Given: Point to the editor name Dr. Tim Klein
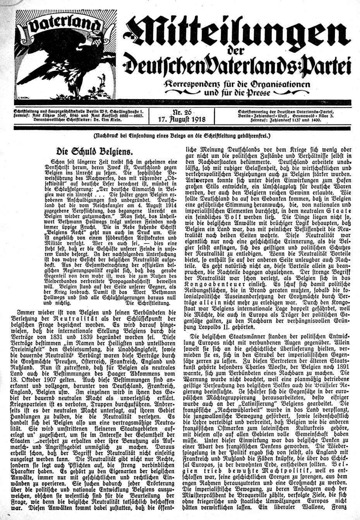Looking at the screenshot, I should pos(111,120).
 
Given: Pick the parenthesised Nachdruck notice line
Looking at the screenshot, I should pos(180,136).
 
